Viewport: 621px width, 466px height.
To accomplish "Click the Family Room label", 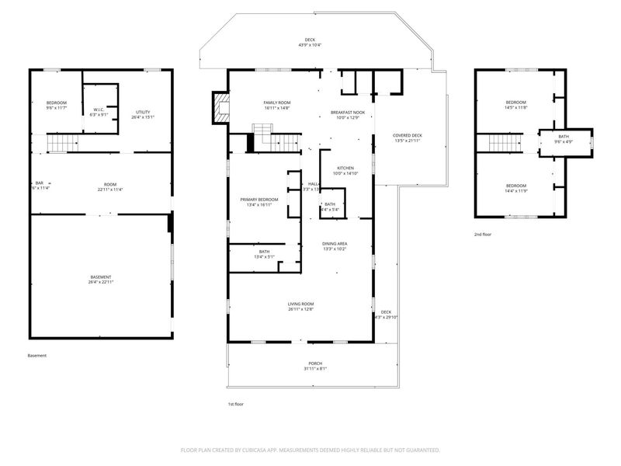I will coord(276,106).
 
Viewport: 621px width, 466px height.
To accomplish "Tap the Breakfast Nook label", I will coord(347,114).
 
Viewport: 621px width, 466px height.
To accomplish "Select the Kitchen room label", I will coord(345,171).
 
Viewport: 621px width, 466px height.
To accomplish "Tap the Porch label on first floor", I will coord(315,366).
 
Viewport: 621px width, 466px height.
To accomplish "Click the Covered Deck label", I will coord(408,138).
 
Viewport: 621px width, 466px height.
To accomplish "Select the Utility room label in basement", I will coord(143,115).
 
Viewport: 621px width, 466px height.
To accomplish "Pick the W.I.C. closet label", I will coord(99,112).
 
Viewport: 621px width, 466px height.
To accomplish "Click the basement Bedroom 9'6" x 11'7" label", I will coord(57,106).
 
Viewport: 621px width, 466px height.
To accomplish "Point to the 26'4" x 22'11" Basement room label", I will coord(101,280).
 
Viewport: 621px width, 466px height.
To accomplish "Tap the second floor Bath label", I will coord(563,139).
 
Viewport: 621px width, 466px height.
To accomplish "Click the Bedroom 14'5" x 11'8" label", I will coord(516,105).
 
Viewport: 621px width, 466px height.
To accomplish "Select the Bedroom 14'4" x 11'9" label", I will coord(516,188).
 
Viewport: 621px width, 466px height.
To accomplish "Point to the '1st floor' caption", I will coord(235,405).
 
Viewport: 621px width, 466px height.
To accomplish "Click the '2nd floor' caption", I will coord(483,234).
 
